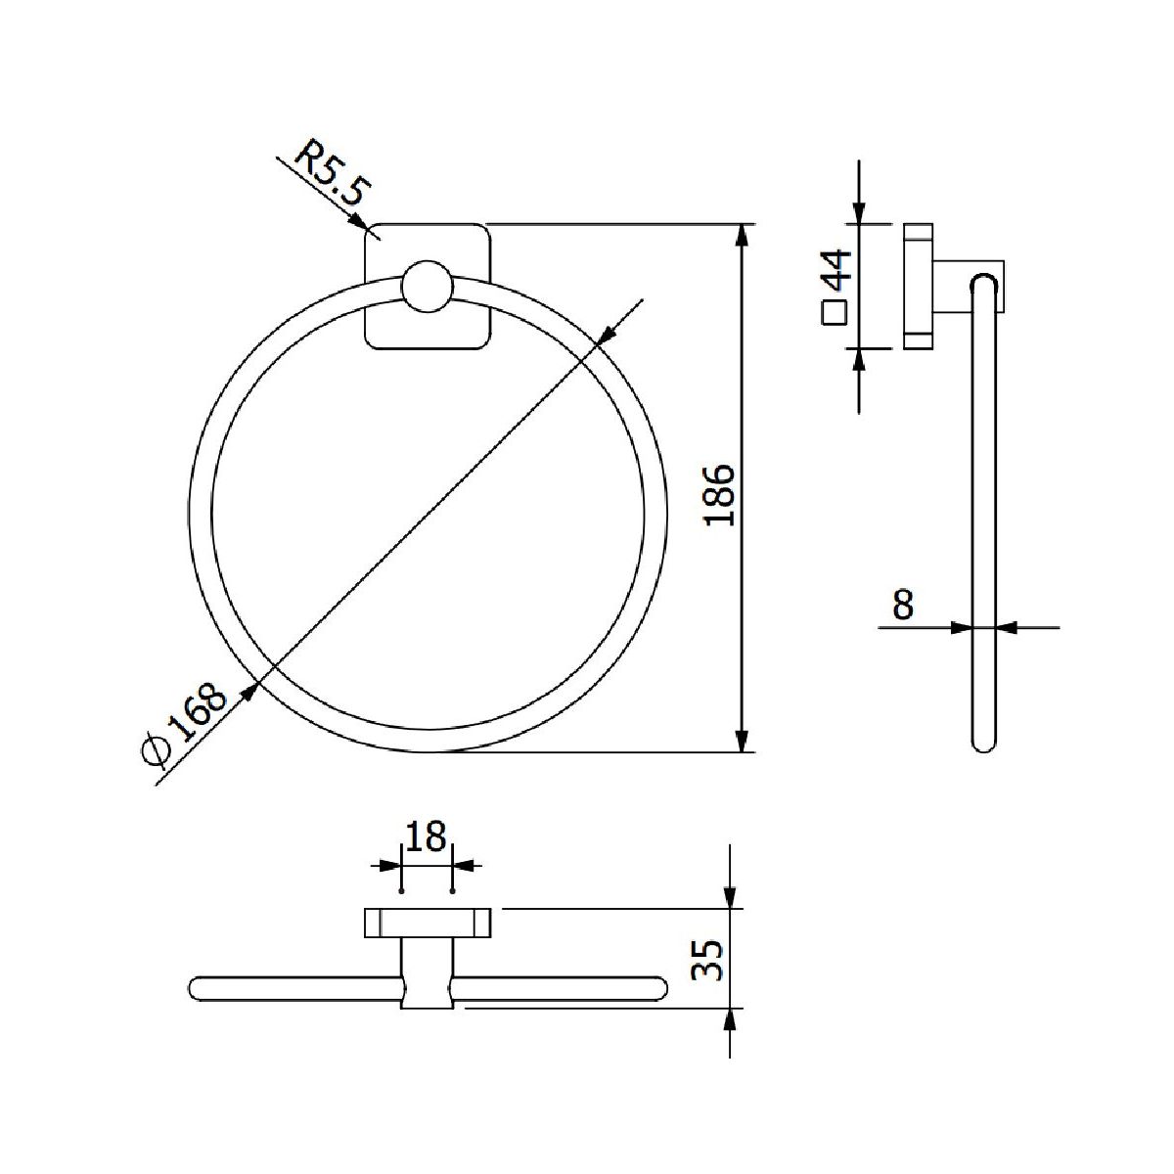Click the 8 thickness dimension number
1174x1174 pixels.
903,605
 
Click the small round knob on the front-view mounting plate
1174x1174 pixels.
428,287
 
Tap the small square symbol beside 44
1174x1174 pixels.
835,313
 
